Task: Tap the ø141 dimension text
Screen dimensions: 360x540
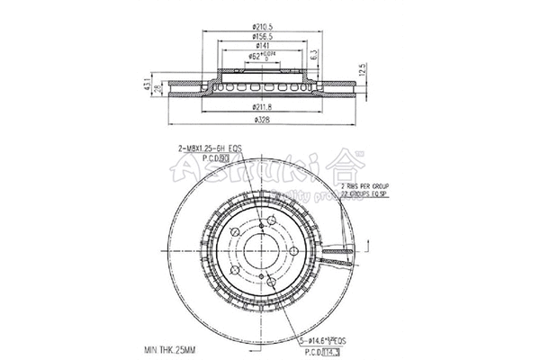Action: click(265, 45)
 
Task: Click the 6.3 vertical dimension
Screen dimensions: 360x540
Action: click(314, 57)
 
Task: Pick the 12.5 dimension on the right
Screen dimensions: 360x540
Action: click(363, 69)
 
